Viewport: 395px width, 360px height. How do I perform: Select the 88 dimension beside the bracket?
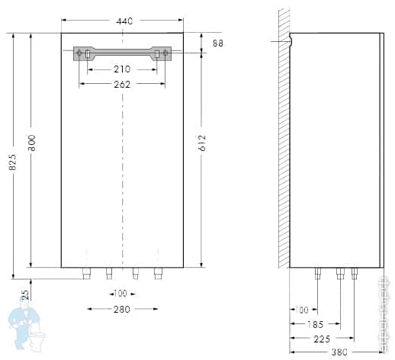coord(218,44)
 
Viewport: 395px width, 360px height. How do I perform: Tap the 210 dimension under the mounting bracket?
coord(121,69)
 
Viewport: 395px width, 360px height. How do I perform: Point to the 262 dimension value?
coord(121,84)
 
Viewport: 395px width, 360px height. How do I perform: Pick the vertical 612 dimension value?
coord(202,143)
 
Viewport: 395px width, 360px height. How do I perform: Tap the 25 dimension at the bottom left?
coord(26,294)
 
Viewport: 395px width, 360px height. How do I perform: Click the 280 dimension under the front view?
coord(121,309)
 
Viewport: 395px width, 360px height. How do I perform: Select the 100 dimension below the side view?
coord(300,309)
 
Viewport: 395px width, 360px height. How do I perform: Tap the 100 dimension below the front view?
coord(121,294)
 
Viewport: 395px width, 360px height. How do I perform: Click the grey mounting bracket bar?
coord(122,53)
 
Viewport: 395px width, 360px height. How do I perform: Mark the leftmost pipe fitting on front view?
coord(86,272)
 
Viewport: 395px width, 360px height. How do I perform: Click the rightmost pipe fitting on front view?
coord(158,272)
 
